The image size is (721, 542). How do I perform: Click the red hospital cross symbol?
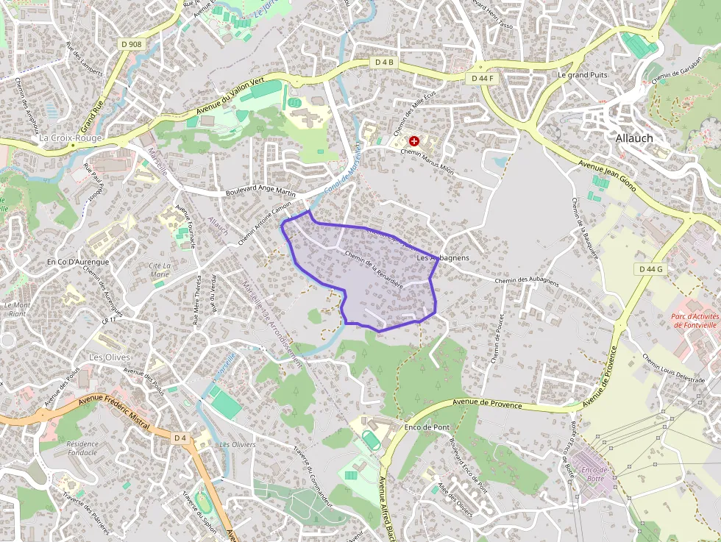coord(414,140)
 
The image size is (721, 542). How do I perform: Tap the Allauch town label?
coord(634,138)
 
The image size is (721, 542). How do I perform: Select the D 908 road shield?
coord(132,44)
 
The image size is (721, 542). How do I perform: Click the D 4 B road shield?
coord(385,63)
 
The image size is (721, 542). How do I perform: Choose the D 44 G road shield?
coord(651,270)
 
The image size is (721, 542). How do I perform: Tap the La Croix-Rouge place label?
coord(71,138)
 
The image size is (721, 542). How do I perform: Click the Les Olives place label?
coord(110,357)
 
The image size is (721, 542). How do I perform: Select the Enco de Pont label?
coord(427,427)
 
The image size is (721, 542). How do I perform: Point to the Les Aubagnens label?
coord(443,259)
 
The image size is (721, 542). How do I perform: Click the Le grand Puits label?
coord(582,75)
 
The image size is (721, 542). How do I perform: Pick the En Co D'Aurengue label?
coord(77,262)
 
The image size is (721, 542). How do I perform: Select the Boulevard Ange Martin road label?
coord(261,193)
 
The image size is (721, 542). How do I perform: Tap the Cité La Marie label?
coord(160,270)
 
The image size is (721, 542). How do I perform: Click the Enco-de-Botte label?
coord(594,474)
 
